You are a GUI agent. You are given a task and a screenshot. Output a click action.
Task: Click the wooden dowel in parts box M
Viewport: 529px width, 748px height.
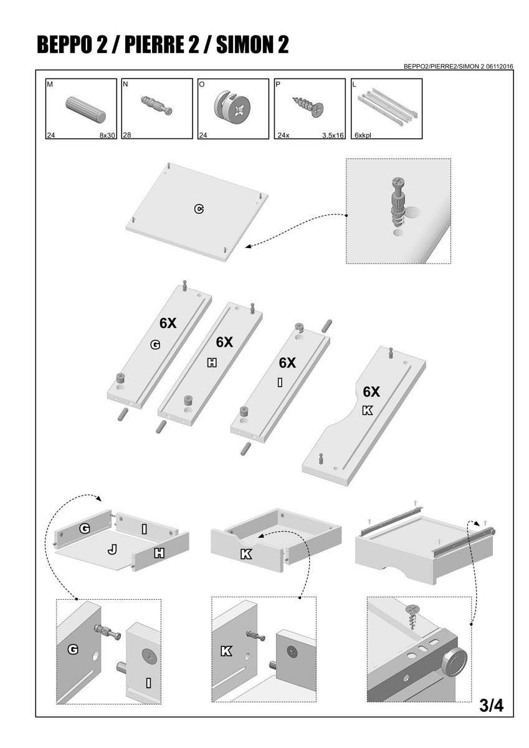click(85, 109)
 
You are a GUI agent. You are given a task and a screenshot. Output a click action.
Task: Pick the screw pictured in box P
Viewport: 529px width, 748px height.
click(308, 106)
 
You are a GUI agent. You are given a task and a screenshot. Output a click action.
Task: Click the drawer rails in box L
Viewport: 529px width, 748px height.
click(388, 107)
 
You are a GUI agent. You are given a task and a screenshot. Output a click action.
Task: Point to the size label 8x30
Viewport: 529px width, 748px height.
click(107, 135)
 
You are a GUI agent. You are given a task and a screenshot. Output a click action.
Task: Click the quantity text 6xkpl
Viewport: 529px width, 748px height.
click(363, 135)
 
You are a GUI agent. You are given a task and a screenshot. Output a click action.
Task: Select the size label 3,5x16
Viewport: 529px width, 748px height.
click(333, 135)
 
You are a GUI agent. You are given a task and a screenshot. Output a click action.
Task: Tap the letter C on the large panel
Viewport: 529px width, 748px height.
click(199, 209)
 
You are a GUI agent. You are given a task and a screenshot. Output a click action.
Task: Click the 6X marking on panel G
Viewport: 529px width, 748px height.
click(168, 323)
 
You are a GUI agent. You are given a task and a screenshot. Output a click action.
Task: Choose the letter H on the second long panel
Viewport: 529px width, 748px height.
click(212, 363)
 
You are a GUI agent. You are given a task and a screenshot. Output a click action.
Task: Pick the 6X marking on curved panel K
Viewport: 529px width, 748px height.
click(371, 391)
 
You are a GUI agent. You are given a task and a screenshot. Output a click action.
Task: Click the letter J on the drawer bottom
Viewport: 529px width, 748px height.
click(113, 550)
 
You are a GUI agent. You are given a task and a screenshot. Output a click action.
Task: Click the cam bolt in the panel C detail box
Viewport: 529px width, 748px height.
click(398, 202)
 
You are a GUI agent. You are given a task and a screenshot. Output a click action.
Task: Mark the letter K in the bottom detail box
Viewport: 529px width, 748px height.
click(226, 651)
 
